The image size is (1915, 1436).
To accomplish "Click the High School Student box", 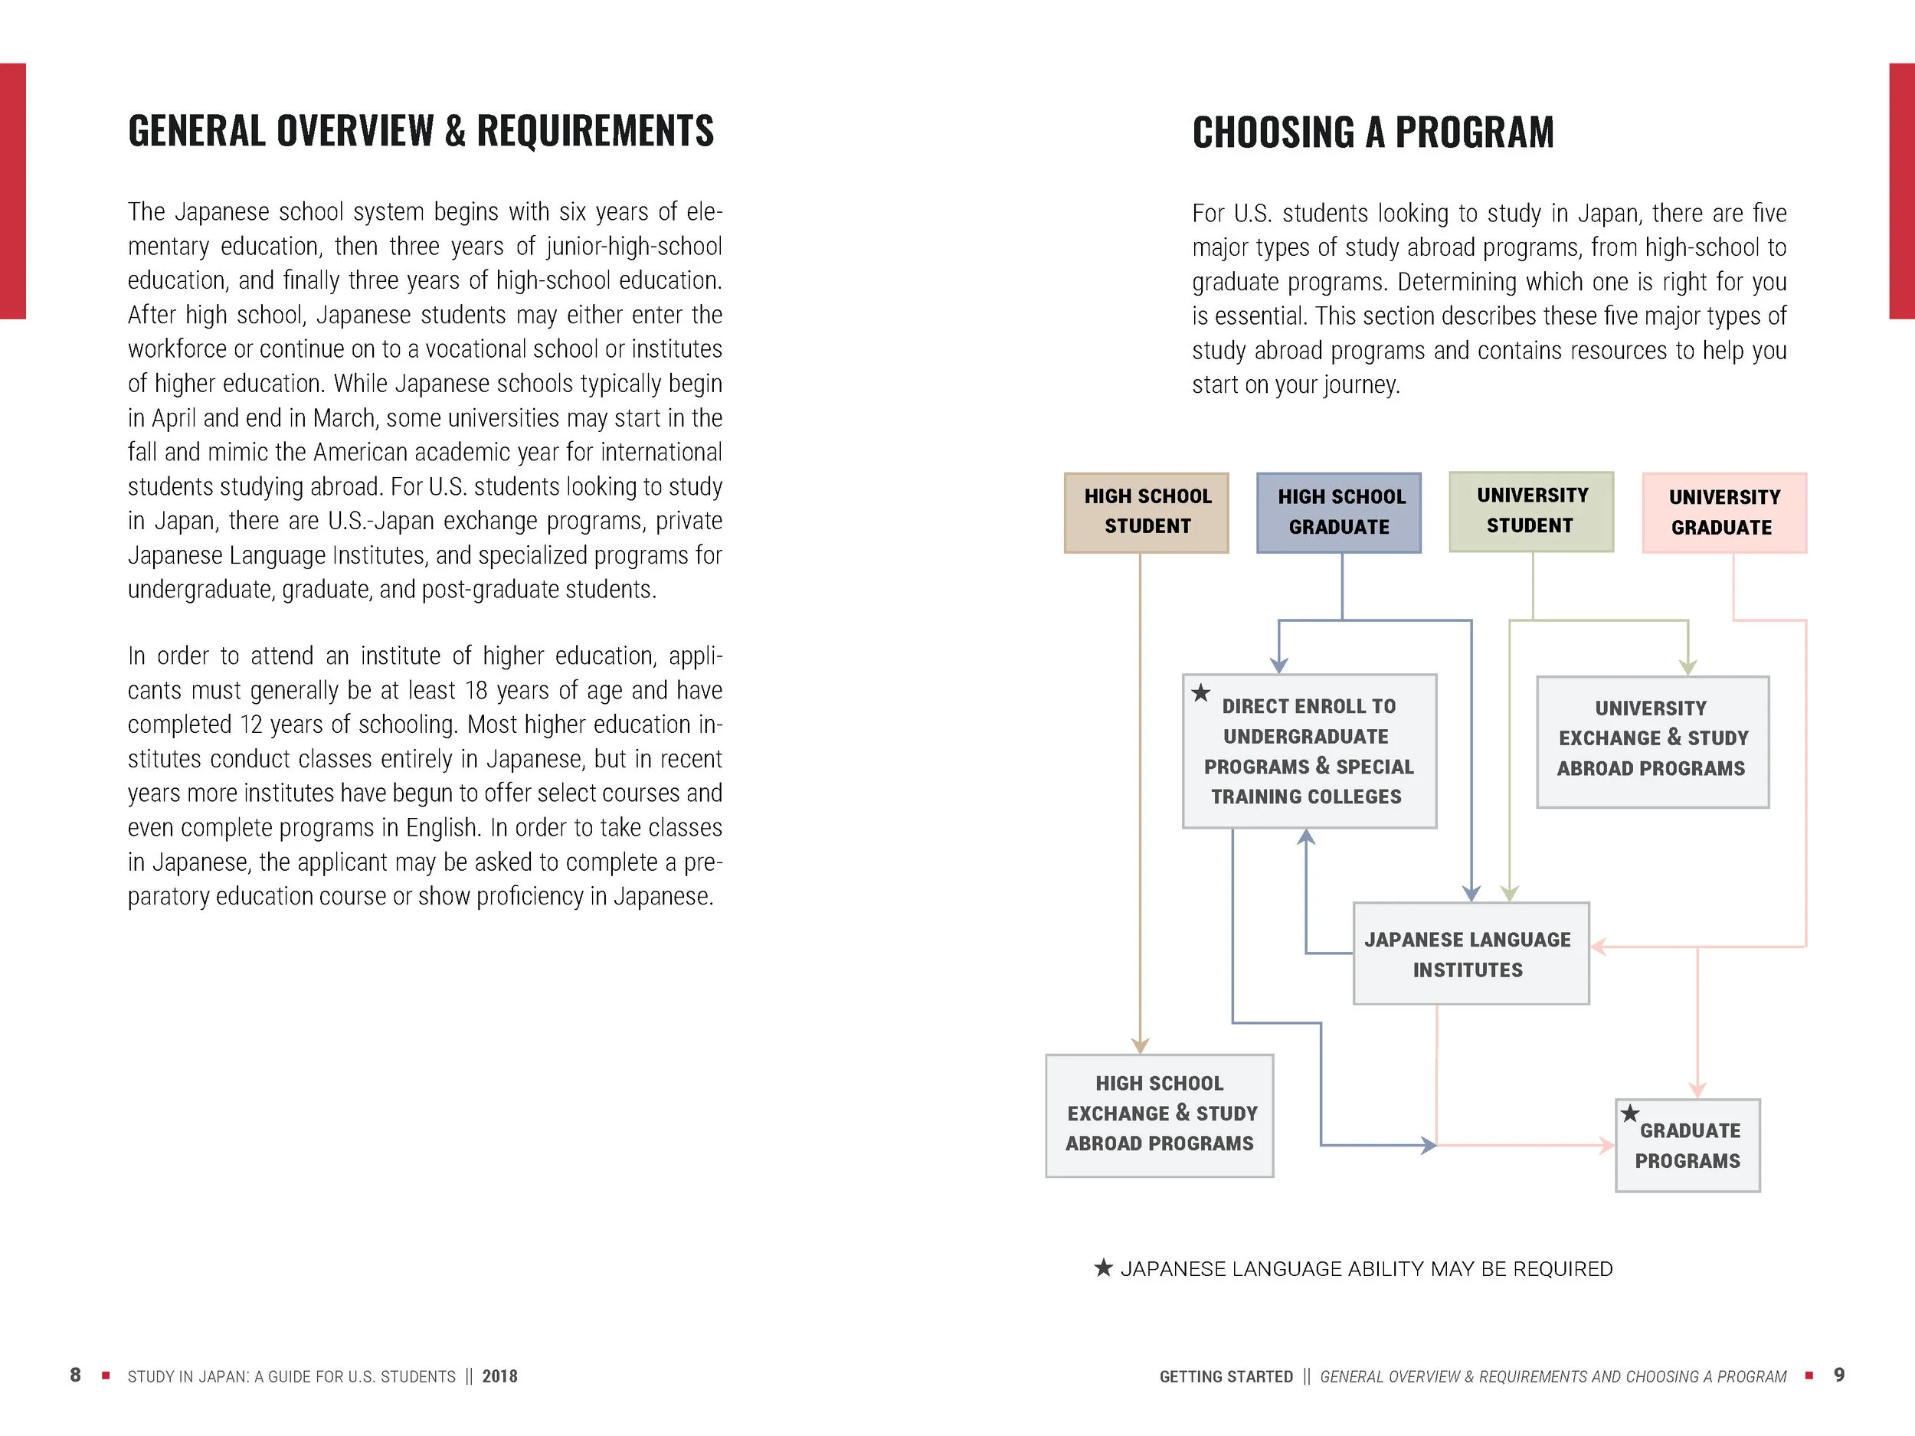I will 1146,512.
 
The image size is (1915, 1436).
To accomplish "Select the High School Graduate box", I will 1339,512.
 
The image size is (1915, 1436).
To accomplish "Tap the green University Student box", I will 1531,512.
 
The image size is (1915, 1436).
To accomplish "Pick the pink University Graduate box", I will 1724,512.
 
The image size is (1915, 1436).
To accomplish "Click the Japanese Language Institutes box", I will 1471,954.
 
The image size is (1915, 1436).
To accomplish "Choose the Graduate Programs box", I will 1687,1146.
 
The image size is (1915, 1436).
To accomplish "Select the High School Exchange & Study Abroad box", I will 1159,1115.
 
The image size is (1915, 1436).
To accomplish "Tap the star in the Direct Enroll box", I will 1201,693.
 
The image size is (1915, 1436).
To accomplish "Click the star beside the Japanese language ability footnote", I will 1103,1269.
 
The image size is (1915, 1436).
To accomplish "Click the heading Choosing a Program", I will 1372,132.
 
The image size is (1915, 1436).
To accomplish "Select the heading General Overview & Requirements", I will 421,132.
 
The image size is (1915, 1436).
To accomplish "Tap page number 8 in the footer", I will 75,1375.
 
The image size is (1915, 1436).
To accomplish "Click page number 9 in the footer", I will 1839,1375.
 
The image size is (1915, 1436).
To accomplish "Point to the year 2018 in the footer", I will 499,1376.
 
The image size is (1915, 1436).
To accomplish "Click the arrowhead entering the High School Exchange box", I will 1140,1045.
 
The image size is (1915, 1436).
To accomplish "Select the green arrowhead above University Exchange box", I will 1687,667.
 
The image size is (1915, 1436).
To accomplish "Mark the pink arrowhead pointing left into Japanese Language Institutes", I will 1599,947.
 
